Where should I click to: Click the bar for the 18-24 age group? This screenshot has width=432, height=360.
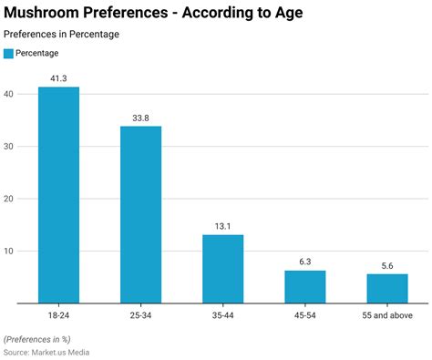pos(58,194)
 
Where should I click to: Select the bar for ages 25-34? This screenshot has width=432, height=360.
pos(140,214)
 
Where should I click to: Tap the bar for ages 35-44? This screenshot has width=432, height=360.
pos(222,268)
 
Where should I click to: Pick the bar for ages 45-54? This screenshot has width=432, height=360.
pos(304,286)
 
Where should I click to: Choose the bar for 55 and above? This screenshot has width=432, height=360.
pos(387,288)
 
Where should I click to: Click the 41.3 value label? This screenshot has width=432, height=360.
pos(58,79)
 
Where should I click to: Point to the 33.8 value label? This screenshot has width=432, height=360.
pos(140,118)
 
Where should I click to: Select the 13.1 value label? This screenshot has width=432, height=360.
pos(222,226)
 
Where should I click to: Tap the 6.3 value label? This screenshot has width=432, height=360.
pos(304,262)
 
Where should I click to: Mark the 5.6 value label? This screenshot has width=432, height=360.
pos(387,265)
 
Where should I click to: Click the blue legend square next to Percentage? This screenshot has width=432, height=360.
pos(8,54)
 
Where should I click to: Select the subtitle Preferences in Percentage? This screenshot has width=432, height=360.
pos(61,34)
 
